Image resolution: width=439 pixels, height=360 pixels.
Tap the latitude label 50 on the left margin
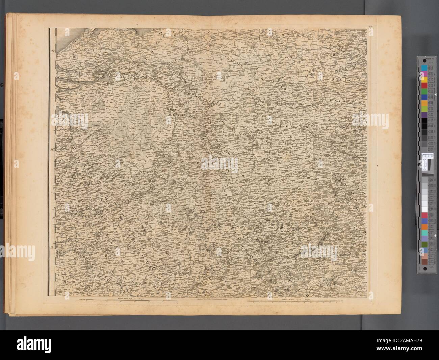click(53, 248)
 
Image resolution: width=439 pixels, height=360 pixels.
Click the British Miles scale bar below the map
click(130, 299)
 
